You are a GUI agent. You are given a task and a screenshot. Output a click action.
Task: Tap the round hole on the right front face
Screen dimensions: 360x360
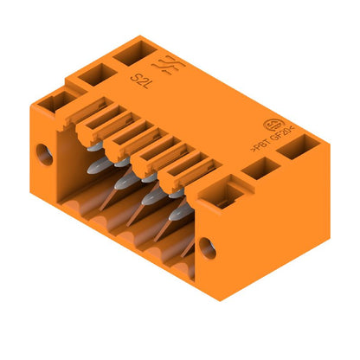208,249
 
